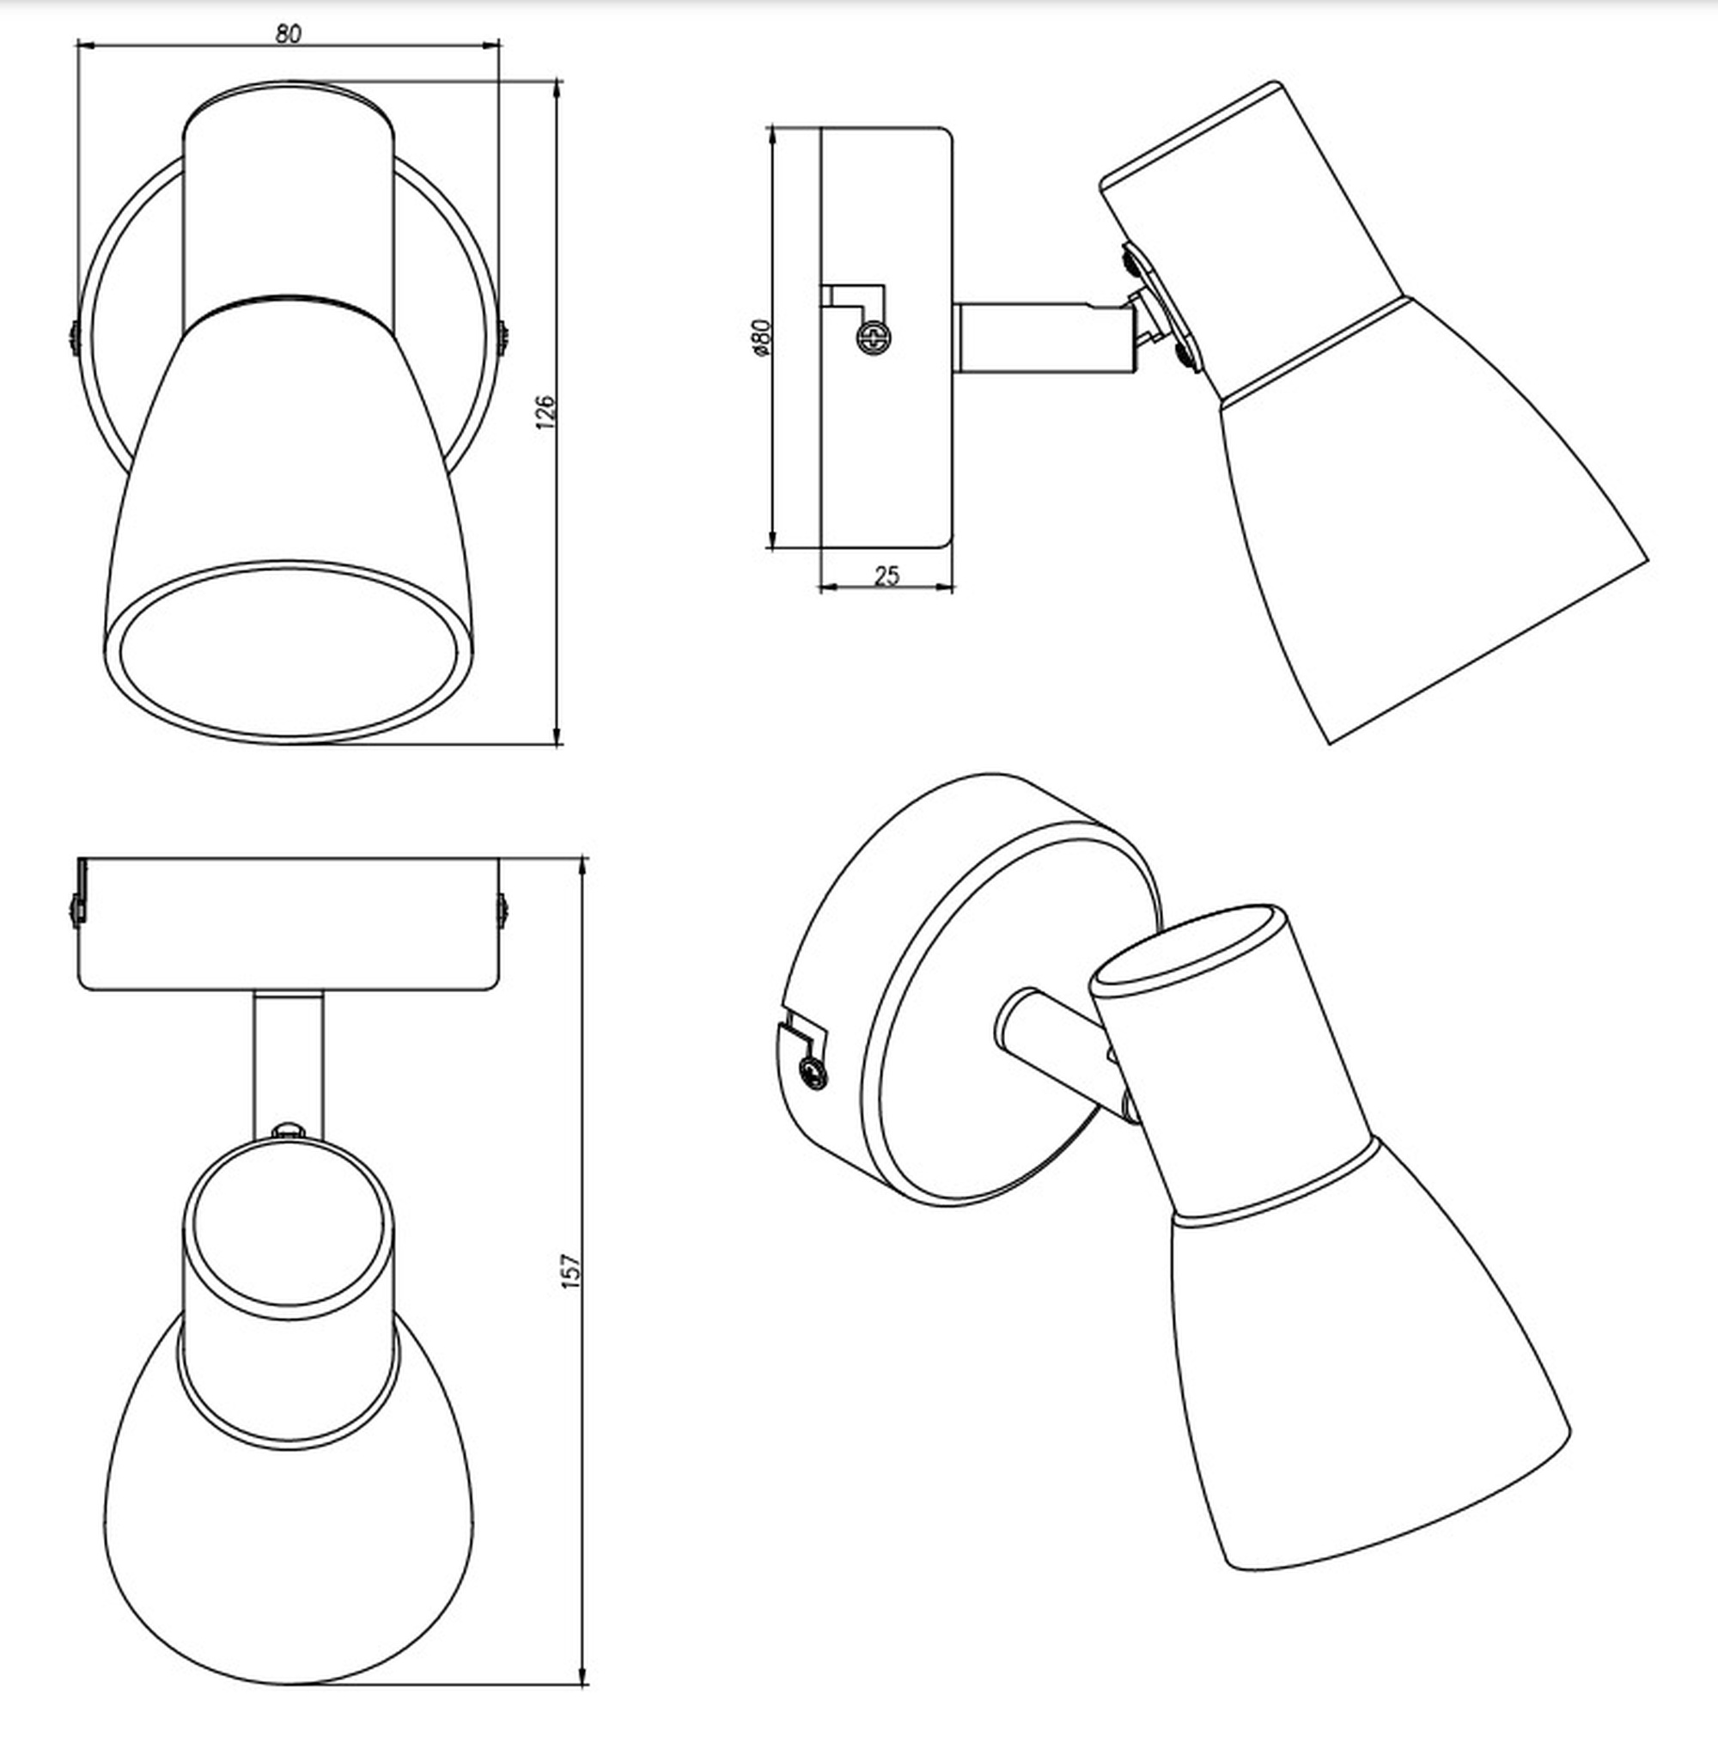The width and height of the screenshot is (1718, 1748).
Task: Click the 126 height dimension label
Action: [545, 412]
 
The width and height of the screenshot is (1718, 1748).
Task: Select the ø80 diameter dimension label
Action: [762, 338]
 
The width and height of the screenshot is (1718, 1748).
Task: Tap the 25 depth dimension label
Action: [887, 575]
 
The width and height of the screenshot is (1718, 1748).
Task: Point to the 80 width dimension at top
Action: [288, 34]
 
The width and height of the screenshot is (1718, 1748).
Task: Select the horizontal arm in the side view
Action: [1042, 338]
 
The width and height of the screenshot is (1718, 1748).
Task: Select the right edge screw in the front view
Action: [503, 336]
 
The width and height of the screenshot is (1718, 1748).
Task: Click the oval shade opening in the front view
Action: [287, 649]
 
